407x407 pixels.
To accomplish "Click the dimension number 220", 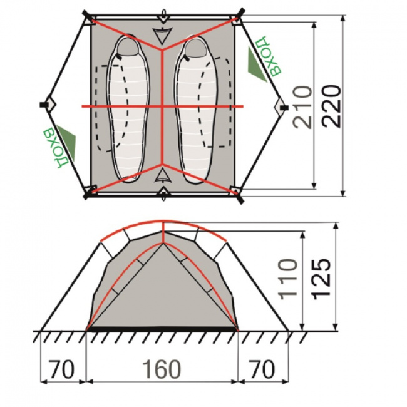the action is pyautogui.click(x=332, y=106).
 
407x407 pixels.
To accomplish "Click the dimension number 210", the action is pyautogui.click(x=302, y=107).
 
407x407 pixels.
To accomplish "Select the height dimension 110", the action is pyautogui.click(x=287, y=279).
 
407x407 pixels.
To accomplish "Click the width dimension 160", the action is pyautogui.click(x=162, y=369).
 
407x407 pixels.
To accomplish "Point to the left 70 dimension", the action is pyautogui.click(x=62, y=369).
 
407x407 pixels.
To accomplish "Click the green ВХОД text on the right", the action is pyautogui.click(x=268, y=56).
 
